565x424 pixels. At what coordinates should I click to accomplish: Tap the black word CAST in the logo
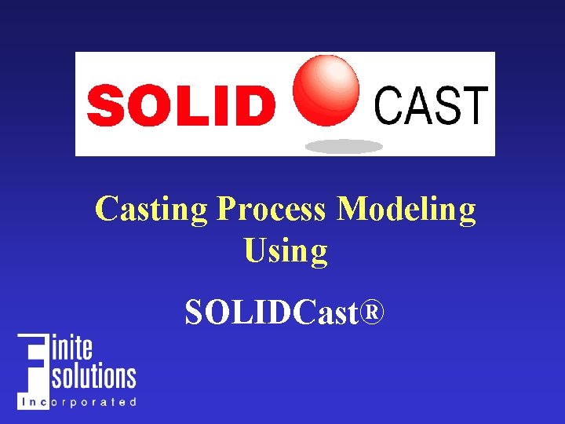431,105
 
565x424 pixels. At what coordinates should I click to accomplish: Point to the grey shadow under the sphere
344,146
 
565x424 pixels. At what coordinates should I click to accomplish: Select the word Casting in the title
151,210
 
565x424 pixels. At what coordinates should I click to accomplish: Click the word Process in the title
271,210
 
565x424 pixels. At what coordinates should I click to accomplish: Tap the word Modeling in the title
406,210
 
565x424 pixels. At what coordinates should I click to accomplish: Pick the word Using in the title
285,251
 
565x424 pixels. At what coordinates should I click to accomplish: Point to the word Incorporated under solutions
78,402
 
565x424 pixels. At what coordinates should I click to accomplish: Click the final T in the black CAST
473,105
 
